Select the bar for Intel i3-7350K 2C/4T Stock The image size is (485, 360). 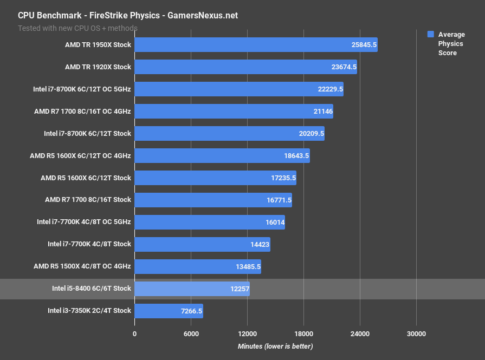click(169, 311)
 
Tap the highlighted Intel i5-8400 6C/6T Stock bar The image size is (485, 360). click(192, 289)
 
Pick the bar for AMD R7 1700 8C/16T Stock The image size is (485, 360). click(213, 200)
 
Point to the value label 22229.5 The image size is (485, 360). click(329, 89)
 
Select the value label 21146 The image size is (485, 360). click(321, 112)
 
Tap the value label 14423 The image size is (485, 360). click(258, 244)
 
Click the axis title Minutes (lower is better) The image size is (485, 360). click(275, 346)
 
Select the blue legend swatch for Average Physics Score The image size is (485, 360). click(431, 34)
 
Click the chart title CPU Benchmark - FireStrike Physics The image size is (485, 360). click(128, 16)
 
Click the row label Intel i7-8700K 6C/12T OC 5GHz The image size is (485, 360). click(82, 89)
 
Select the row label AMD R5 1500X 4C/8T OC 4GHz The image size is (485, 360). click(82, 266)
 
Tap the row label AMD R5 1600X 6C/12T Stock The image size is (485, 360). click(86, 178)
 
